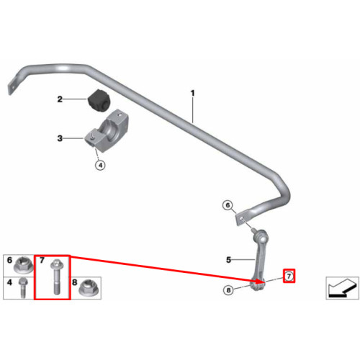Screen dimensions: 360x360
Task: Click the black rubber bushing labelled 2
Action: (98, 100)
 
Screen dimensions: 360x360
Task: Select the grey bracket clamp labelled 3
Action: (107, 131)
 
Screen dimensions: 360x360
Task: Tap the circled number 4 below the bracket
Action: (100, 165)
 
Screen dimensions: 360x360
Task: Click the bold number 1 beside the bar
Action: (192, 93)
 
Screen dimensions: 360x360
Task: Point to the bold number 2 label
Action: (60, 99)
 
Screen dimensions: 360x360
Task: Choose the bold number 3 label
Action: (60, 138)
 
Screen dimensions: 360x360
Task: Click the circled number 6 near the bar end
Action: (228, 205)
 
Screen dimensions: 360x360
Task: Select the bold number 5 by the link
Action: (228, 260)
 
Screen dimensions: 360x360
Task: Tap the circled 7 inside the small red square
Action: (289, 276)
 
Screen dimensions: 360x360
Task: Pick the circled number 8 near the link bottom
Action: (228, 290)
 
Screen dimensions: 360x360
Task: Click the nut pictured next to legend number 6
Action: (22, 265)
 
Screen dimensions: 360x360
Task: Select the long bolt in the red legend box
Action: (55, 277)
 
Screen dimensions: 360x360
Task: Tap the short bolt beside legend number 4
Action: (23, 287)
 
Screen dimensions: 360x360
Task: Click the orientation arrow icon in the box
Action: (342, 288)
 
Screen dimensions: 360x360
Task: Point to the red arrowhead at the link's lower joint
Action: (261, 281)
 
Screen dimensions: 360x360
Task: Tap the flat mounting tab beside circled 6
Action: (243, 218)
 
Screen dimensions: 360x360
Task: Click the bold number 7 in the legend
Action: (42, 260)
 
